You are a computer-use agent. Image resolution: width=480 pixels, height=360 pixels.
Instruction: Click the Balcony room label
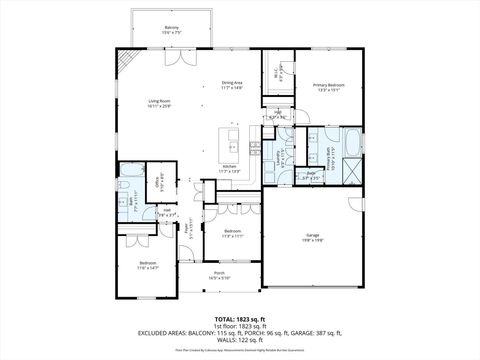point(172,30)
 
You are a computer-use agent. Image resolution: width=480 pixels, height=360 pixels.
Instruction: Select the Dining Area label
point(232,86)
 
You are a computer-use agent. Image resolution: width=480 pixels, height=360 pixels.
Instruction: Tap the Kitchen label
point(230,169)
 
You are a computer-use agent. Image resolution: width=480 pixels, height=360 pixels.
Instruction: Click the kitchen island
point(232,137)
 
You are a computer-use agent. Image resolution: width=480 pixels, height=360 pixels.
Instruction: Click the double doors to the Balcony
point(173,56)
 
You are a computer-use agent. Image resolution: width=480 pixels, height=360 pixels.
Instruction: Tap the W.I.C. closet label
point(279,70)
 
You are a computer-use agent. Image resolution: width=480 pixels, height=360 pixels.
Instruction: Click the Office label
point(157,183)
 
